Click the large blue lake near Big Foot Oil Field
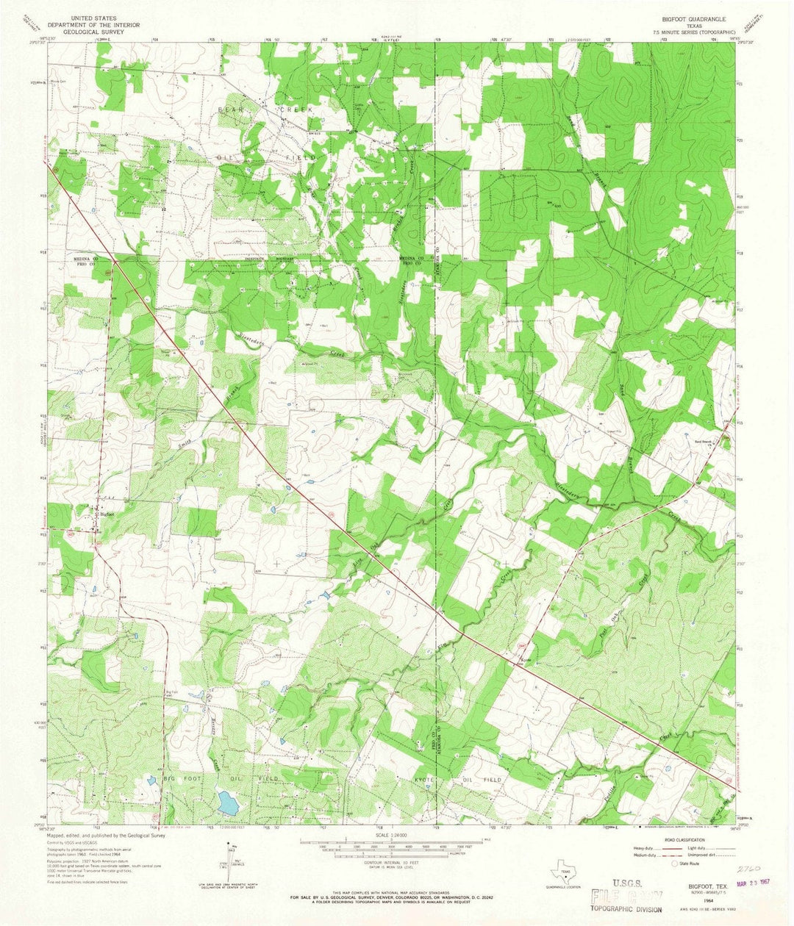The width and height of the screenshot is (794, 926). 228,803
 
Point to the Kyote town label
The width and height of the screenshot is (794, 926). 526,660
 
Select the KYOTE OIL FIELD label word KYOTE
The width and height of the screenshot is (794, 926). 426,779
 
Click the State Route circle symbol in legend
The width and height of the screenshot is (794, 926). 674,863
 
